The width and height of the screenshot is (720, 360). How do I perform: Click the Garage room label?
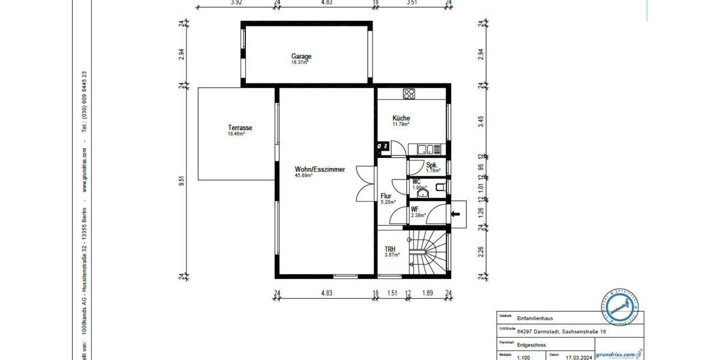301,57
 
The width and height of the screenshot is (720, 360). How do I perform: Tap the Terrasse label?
239,128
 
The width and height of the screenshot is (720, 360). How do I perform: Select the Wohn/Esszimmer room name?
320,170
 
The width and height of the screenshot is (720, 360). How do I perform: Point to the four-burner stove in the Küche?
410,94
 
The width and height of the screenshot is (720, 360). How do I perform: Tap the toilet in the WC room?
441,188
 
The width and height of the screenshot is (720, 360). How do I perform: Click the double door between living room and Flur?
364,184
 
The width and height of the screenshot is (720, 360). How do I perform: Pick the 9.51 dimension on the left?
182,181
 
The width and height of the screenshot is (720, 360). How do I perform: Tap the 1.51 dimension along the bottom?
392,293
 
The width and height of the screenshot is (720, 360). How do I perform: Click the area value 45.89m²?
304,176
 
